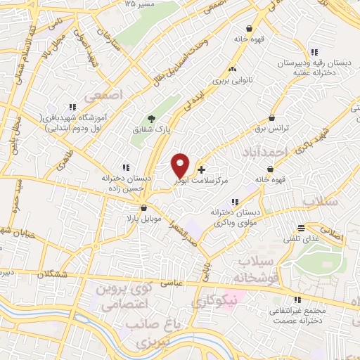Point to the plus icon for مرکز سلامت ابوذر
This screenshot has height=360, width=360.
pos(202,169)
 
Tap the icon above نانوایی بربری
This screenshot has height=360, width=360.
pos(232,70)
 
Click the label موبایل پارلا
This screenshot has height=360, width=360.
pos(144,219)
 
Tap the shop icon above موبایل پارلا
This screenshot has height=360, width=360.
pos(144,208)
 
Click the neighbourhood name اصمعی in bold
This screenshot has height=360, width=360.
pos(102,94)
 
